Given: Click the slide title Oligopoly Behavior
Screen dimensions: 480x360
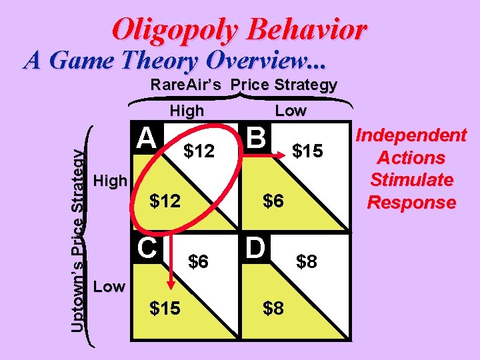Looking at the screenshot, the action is pos(239,29).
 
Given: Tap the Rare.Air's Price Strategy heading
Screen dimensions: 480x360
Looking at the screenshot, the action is pos(243,85).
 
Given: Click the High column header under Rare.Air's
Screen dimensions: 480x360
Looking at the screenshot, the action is pos(187,111).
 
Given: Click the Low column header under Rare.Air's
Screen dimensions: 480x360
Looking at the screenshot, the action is pos(291,111).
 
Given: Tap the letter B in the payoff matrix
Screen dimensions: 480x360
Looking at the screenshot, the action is pos(255,138).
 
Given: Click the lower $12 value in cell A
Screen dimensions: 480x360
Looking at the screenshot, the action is pos(165,200).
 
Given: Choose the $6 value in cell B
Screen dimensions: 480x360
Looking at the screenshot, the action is pos(273,200).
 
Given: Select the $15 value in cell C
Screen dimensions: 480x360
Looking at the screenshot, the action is pos(165,309).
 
